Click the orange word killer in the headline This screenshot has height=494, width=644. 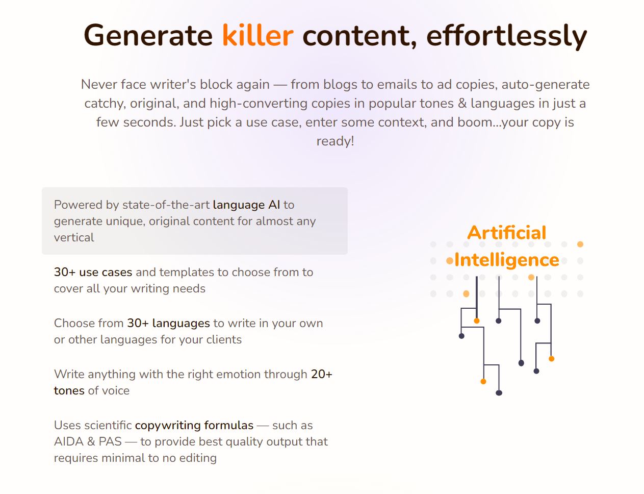(x=257, y=36)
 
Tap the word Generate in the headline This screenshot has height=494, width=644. (x=148, y=36)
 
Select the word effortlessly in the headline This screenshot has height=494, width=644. (x=506, y=37)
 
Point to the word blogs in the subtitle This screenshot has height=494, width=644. (x=340, y=85)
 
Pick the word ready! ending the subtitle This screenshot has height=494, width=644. (x=335, y=141)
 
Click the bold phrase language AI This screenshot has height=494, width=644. (x=246, y=205)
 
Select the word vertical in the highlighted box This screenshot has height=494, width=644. (x=74, y=237)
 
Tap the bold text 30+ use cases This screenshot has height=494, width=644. (x=93, y=272)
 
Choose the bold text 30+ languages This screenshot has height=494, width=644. (x=168, y=324)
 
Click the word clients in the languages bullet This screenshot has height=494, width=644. (x=224, y=339)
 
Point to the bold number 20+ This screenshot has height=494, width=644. (x=322, y=374)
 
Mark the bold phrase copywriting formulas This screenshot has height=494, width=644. (x=194, y=426)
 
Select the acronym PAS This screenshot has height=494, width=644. (x=110, y=442)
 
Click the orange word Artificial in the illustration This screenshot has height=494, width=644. (x=506, y=233)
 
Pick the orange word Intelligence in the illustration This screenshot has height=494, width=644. (x=506, y=261)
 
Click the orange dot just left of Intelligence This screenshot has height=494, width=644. (x=450, y=261)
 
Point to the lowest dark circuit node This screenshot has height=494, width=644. (x=499, y=393)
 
